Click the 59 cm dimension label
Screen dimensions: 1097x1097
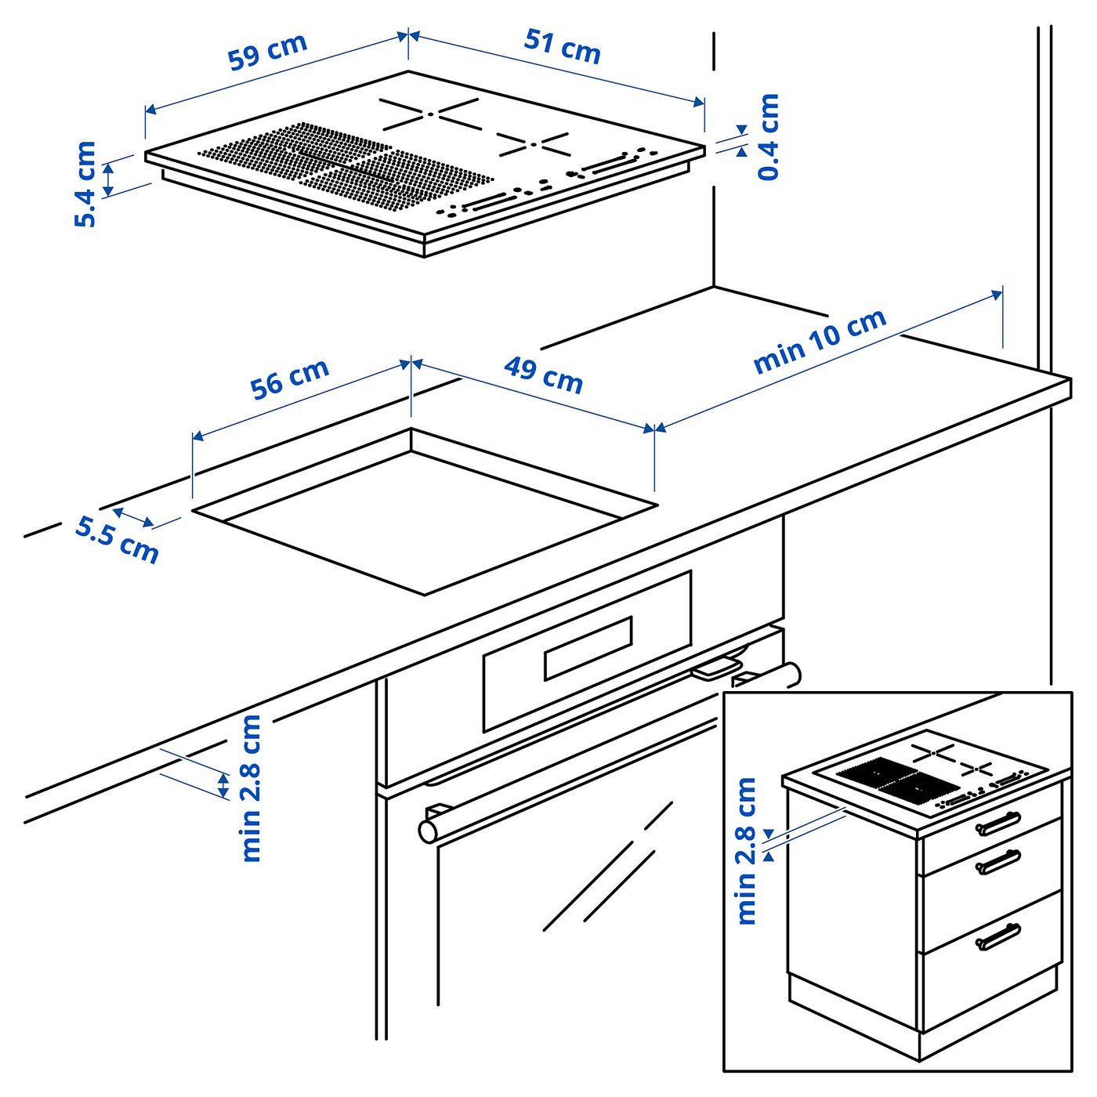point(267,52)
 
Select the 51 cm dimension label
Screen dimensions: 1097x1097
point(562,46)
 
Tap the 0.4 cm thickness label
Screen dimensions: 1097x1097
point(769,136)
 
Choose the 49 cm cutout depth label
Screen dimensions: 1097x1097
point(543,375)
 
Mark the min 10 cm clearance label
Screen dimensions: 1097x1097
point(820,340)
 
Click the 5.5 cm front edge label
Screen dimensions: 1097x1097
point(117,539)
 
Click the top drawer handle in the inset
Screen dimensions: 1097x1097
point(997,824)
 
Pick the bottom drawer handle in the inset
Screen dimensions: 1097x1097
point(997,936)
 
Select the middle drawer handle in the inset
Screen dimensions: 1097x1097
point(997,862)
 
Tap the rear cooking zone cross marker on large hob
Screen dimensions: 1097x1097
point(429,114)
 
